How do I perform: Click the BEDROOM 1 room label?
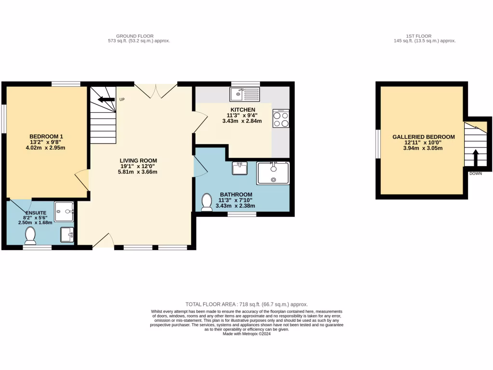[x=47, y=136]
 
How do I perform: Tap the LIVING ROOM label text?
[x=139, y=160]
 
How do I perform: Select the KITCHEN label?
[x=242, y=110]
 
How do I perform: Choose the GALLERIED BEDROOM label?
[x=424, y=137]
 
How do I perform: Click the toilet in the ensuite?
[x=30, y=235]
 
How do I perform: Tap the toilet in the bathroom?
[x=208, y=202]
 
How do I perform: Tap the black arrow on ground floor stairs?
[x=106, y=100]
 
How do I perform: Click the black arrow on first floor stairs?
[x=475, y=157]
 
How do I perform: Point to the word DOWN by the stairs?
[x=475, y=173]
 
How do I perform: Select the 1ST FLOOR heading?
[x=418, y=36]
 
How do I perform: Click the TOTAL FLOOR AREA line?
[x=246, y=304]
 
